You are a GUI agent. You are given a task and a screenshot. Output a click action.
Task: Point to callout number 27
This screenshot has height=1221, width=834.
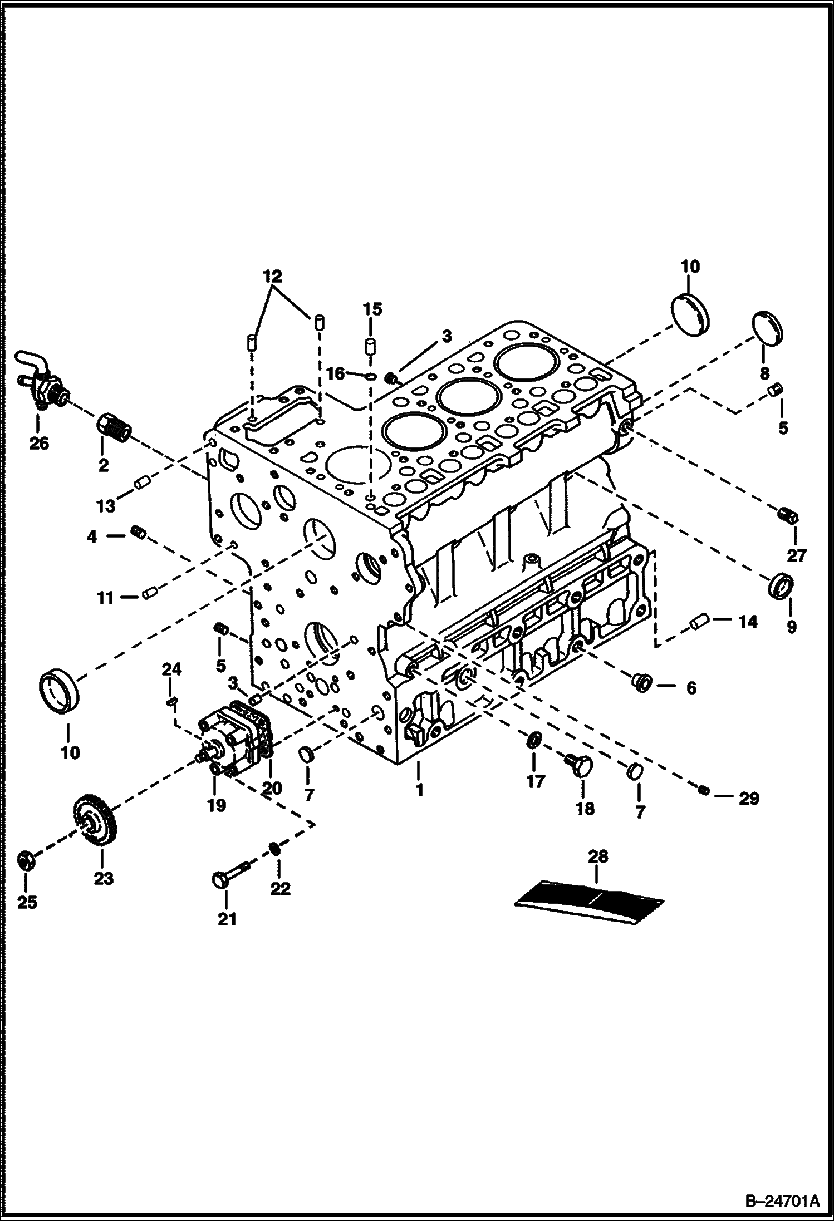coord(796,555)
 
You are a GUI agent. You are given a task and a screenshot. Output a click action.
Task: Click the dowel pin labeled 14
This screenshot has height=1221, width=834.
coord(699,622)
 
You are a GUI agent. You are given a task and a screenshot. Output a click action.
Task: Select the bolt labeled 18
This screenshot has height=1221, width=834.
coord(576,765)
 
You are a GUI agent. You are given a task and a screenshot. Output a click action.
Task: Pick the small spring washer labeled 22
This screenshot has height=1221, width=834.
coord(274,849)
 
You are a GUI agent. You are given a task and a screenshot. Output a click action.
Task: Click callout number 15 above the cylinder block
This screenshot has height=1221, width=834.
coord(373,309)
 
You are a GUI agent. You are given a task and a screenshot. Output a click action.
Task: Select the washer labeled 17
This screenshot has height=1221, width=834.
coord(533,741)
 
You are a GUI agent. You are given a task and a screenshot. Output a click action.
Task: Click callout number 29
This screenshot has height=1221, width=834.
coord(749,799)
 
